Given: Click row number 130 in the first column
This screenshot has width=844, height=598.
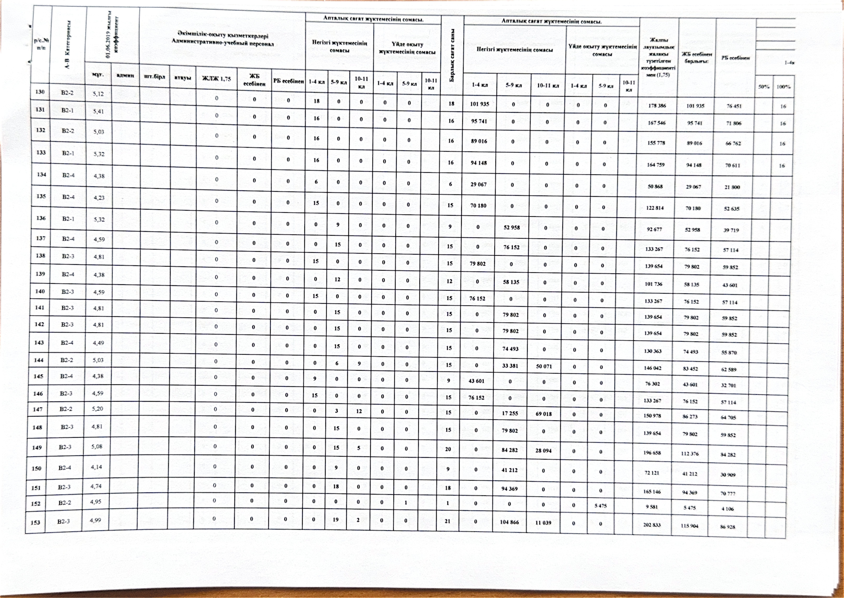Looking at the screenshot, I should coord(40,92).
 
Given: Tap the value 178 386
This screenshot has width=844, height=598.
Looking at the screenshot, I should coord(657,106).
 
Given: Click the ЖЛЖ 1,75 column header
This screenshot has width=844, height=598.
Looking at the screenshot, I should coord(217,78).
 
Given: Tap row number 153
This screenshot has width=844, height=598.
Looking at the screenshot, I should coord(35,522).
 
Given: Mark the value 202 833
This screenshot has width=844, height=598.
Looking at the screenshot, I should coord(652,525).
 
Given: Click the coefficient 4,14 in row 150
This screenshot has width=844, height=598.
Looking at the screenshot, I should coord(96,467).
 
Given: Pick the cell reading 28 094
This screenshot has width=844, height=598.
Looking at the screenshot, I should coord(544,450).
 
